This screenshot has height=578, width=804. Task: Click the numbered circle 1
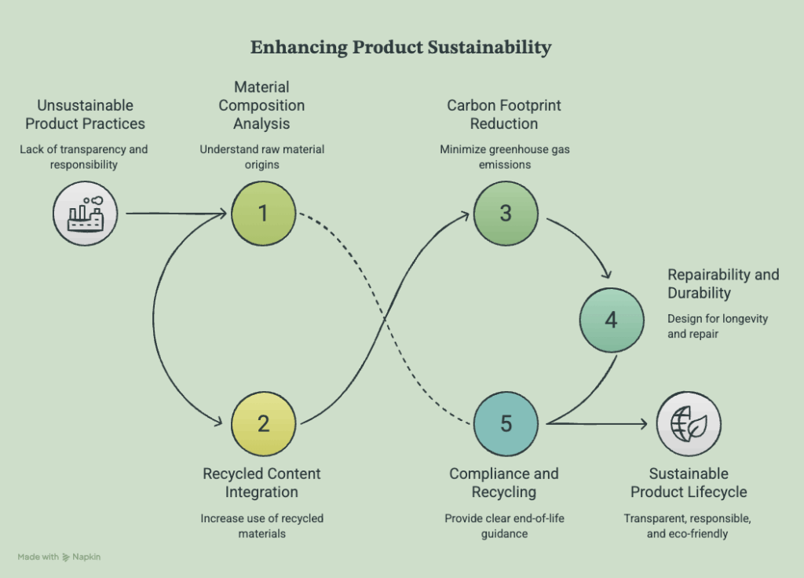[264, 214]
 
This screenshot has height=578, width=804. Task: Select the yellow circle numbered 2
[264, 423]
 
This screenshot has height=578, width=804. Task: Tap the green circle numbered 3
[506, 214]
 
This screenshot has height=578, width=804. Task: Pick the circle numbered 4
[612, 320]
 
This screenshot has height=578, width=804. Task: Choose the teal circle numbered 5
[506, 423]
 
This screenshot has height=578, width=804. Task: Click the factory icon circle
[85, 214]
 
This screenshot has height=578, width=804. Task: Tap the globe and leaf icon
[689, 423]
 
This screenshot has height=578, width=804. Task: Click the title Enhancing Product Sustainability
[401, 47]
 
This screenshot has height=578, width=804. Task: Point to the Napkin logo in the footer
[66, 557]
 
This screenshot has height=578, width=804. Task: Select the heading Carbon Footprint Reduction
[504, 115]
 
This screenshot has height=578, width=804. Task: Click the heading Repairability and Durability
[723, 284]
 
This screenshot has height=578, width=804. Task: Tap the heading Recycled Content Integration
[261, 483]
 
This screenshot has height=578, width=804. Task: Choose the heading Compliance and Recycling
[504, 483]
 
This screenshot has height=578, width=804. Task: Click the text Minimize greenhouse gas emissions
[505, 157]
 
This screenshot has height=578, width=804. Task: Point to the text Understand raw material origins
[262, 157]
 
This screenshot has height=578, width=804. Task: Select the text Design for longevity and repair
[718, 326]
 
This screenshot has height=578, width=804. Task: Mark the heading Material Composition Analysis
[261, 105]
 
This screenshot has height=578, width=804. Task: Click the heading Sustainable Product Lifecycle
[689, 483]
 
